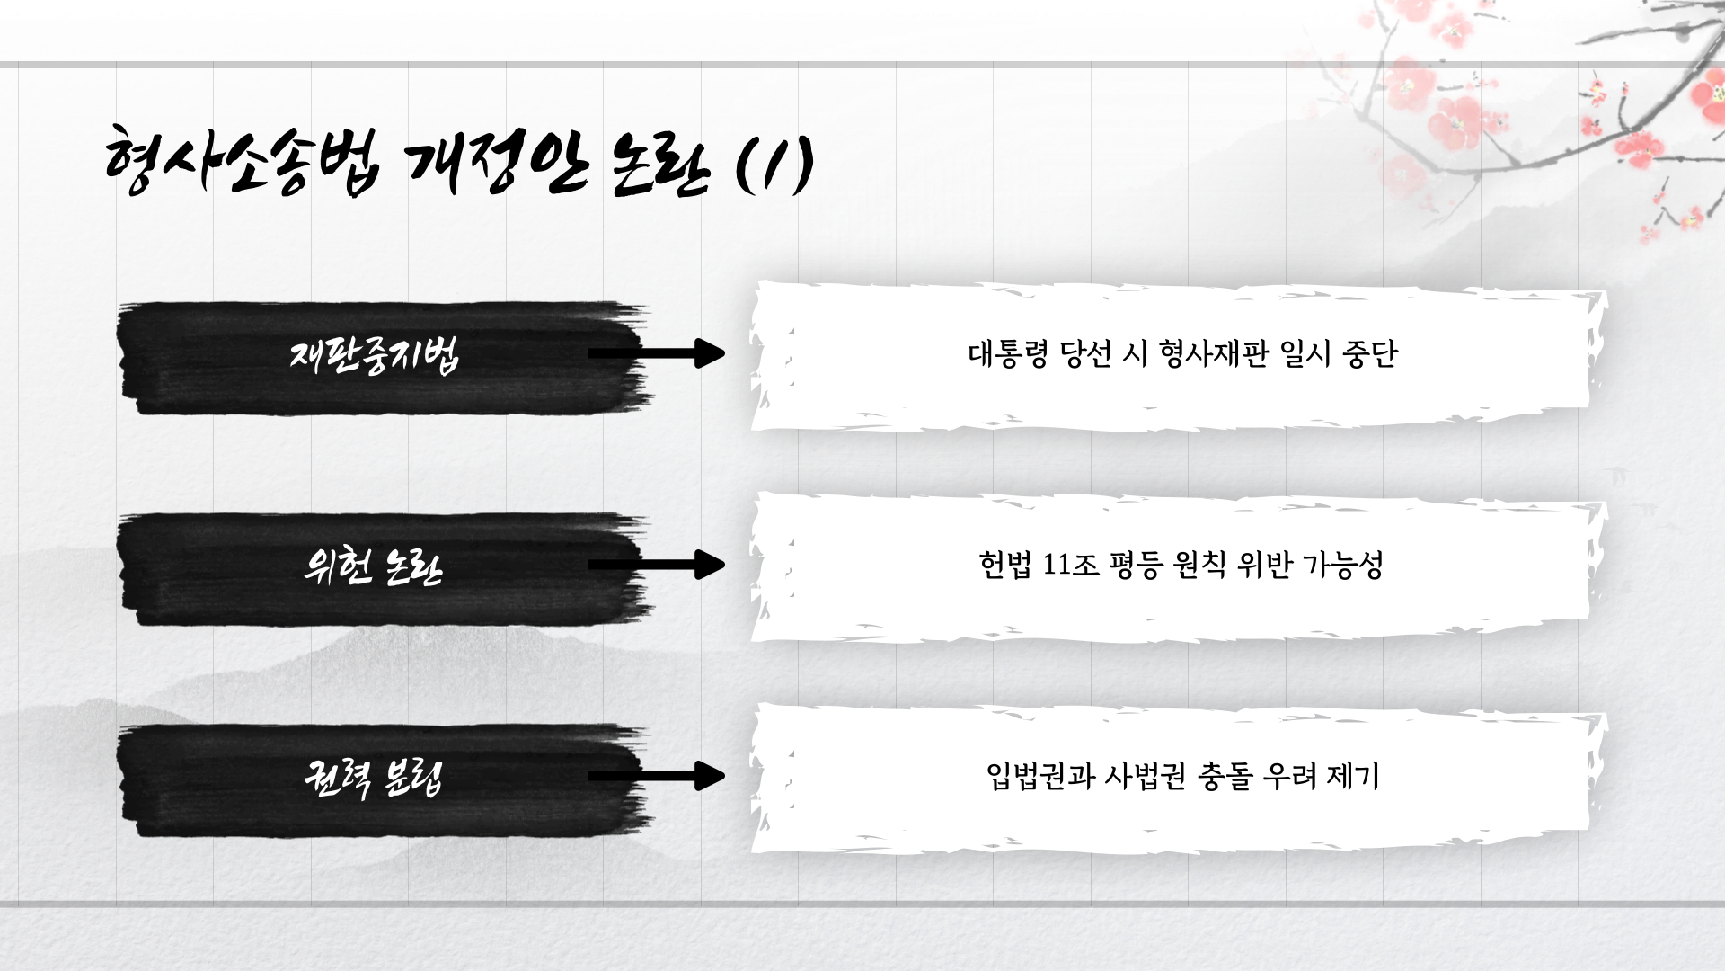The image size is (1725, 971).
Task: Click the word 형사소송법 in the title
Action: point(241,162)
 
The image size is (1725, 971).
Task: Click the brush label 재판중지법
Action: point(374,355)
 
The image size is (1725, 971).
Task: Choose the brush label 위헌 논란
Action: point(374,566)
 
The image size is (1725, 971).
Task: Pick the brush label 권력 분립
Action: point(374,778)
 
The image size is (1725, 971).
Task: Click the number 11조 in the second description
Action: point(1071,565)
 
